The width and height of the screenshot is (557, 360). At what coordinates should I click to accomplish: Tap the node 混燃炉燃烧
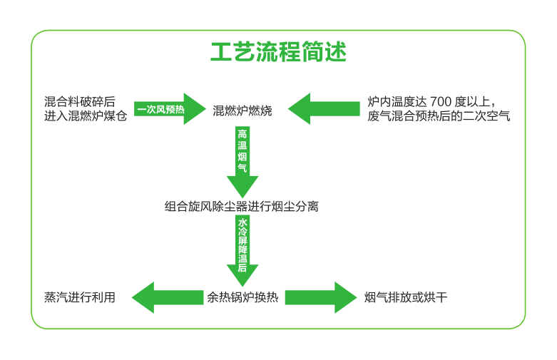242,110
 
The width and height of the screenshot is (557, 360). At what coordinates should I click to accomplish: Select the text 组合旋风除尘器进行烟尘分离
242,207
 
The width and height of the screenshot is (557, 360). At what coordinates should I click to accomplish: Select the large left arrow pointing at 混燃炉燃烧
324,109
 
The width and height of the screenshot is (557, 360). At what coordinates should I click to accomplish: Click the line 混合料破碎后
80,102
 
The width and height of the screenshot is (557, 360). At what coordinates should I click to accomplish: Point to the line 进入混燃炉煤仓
86,116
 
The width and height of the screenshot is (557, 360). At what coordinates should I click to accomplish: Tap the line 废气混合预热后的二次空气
439,116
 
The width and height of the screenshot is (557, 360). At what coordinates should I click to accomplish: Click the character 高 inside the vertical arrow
242,135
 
